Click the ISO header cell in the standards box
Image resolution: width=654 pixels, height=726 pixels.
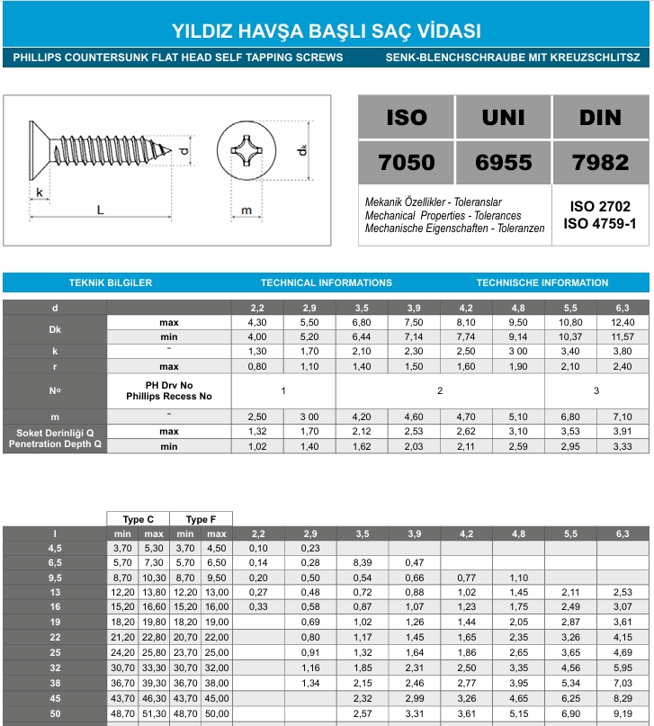tap(406, 117)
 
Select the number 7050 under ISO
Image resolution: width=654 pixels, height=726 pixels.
tap(406, 163)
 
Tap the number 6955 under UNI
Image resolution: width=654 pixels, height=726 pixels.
tap(503, 163)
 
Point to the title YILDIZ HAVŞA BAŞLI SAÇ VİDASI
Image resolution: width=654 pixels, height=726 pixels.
tap(327, 31)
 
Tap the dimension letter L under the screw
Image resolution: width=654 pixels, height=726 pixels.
tap(100, 211)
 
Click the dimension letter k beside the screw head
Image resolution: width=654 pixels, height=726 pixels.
tap(40, 193)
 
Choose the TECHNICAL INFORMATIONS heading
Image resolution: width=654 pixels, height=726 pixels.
tap(327, 282)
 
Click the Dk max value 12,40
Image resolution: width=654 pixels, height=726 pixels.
tap(623, 322)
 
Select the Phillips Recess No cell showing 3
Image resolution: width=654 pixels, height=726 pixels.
tap(596, 390)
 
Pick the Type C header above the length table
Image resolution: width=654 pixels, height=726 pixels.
tap(138, 519)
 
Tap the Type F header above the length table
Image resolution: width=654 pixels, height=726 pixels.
tap(201, 519)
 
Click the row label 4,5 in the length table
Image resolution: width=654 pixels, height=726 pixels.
tap(55, 548)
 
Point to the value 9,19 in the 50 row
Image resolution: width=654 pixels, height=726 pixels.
tap(623, 713)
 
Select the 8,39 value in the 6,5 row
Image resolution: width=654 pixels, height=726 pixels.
tap(362, 562)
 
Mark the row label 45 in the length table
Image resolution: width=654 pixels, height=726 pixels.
tap(55, 699)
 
